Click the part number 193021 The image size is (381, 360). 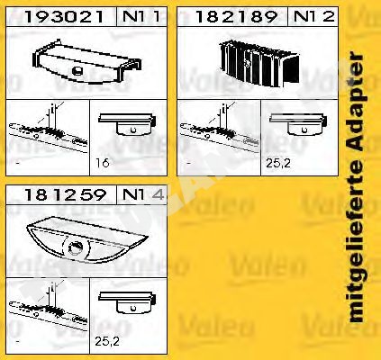[x=64, y=17]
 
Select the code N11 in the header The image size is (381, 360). [x=141, y=17]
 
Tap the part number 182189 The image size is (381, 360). [x=236, y=17]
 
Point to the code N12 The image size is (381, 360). [x=313, y=17]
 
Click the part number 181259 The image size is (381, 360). [x=65, y=195]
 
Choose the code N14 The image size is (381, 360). [x=143, y=195]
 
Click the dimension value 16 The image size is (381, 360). [x=103, y=163]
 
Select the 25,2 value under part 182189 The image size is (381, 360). [x=278, y=163]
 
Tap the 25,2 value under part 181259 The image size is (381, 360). [x=107, y=341]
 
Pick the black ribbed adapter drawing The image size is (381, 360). [x=259, y=63]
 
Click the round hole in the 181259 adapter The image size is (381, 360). [x=76, y=247]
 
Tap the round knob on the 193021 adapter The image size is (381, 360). [x=77, y=70]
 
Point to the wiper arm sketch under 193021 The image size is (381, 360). [x=48, y=129]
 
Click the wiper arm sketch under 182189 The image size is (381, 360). [x=219, y=129]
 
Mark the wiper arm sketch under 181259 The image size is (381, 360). [x=48, y=307]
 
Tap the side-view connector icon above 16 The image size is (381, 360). [x=128, y=124]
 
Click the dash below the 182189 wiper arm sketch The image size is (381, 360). [x=189, y=164]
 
